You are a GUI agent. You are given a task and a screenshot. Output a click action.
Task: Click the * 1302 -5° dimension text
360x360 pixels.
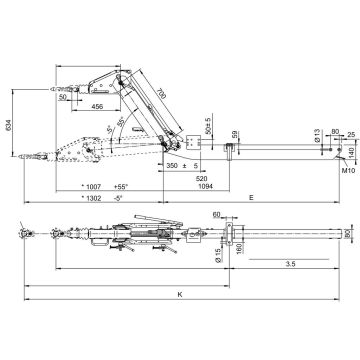101,198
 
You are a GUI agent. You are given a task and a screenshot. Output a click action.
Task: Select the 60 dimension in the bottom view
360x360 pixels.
217,215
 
